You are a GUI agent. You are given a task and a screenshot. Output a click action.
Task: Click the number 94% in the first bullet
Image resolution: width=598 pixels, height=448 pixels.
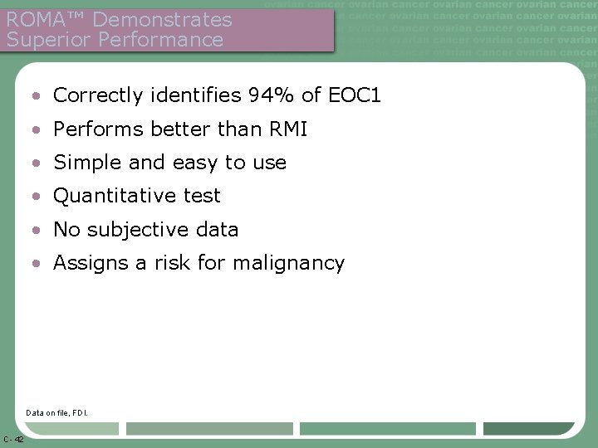click(272, 95)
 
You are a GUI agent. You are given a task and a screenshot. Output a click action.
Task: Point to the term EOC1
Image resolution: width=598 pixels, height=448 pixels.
click(352, 95)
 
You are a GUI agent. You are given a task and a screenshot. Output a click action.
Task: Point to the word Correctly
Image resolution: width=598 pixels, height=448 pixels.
click(95, 95)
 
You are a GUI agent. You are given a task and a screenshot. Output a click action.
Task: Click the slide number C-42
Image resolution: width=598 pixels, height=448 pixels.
click(13, 438)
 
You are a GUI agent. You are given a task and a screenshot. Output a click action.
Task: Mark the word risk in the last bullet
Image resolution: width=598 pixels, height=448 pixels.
click(174, 263)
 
